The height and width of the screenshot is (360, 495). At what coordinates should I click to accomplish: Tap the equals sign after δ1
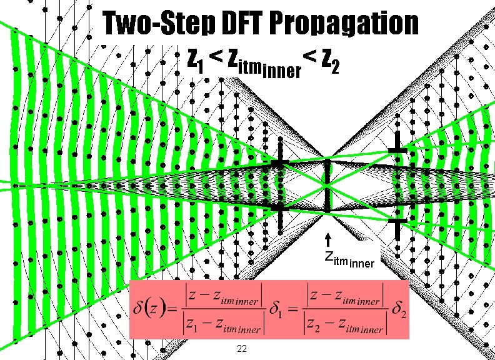[293, 311]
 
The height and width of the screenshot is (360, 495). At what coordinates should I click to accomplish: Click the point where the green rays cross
[326, 186]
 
